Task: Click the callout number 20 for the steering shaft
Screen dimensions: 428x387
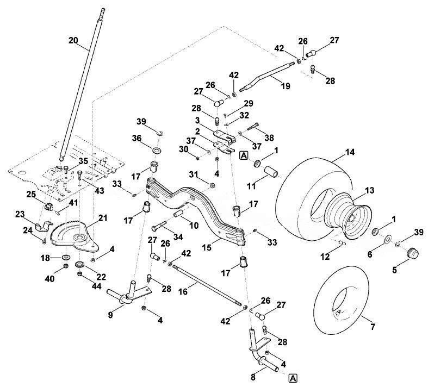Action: (73, 40)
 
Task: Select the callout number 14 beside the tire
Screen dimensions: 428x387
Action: (350, 152)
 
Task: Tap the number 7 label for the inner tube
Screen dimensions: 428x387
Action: (373, 327)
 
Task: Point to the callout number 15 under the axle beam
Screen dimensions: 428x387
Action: (207, 247)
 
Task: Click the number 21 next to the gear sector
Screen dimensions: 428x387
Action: (103, 218)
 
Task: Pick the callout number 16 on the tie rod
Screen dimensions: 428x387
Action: (183, 291)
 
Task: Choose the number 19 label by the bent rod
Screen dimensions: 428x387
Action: (286, 86)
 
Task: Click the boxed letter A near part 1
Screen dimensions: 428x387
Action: (244, 156)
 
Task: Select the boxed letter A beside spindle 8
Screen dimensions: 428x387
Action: (293, 378)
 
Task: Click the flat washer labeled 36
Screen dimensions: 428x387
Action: (157, 150)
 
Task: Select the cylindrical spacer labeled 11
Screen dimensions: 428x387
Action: (271, 172)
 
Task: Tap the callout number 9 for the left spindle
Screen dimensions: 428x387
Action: (110, 315)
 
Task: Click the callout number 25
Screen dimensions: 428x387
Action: (31, 195)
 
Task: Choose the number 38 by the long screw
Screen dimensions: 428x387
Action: (269, 138)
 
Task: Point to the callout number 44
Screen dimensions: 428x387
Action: (97, 286)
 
